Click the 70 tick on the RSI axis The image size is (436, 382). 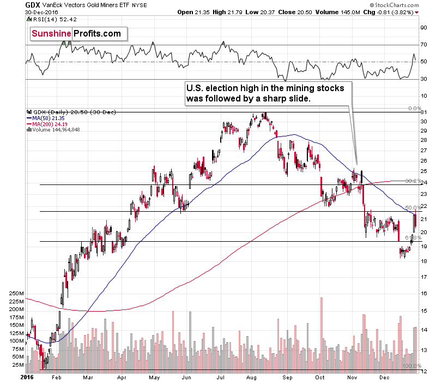coord(422,45)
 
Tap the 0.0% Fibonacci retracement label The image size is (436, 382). coord(415,109)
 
